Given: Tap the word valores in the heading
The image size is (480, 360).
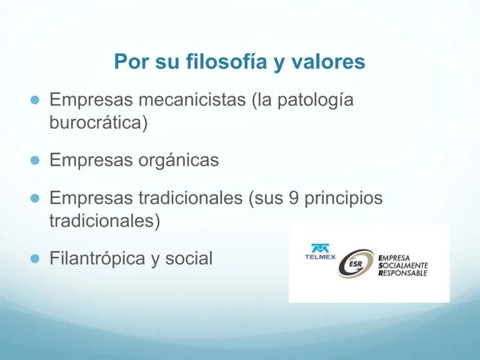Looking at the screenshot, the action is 328,61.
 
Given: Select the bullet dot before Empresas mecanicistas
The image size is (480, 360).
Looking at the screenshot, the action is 35,100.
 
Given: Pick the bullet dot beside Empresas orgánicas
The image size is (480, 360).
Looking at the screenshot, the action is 35,160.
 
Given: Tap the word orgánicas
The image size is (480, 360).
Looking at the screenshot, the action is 179,161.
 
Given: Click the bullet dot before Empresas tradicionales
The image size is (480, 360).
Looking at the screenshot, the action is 35,198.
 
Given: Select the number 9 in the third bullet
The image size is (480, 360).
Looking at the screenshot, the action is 293,198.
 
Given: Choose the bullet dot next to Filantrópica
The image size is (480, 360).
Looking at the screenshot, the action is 35,259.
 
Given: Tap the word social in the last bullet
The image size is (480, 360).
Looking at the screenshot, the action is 189,258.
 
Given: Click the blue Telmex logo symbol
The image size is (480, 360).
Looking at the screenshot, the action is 320,248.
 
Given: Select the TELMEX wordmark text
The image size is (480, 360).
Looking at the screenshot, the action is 320,257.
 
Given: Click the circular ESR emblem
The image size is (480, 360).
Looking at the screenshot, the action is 356,263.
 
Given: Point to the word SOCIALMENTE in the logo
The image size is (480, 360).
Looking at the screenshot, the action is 403,266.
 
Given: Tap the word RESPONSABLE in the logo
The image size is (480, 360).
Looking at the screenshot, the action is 403,273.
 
